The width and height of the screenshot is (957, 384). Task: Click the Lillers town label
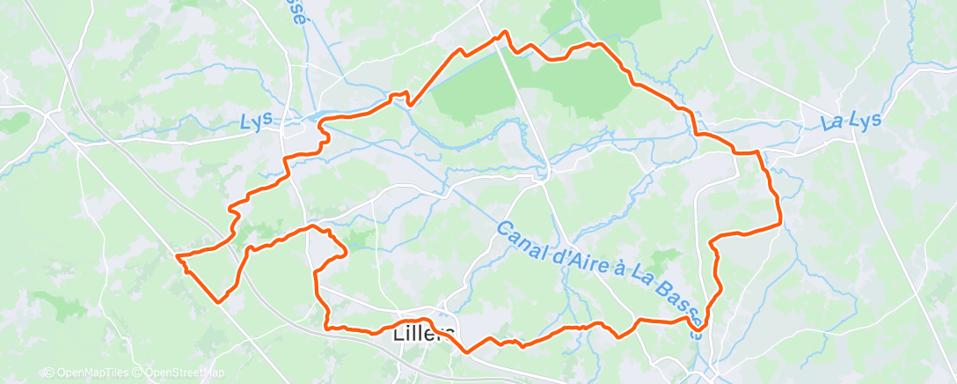tap(424, 334)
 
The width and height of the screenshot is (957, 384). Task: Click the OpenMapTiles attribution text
tap(87, 373)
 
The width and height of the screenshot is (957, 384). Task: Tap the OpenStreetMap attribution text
tap(179, 373)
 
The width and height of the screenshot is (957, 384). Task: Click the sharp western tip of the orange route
tap(178, 255)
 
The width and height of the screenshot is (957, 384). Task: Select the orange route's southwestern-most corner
tap(218, 300)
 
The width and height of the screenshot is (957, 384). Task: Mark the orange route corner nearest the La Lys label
tap(757, 152)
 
